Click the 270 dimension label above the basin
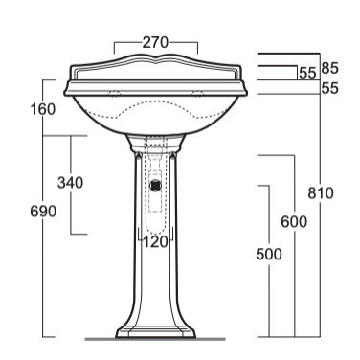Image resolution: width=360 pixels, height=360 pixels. pos(155,42)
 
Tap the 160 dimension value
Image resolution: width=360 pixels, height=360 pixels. pos(43,109)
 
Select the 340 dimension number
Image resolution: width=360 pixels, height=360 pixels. pos(70,183)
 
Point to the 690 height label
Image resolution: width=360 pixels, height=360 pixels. pos(43,212)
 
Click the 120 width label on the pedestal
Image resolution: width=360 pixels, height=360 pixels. pos(155,242)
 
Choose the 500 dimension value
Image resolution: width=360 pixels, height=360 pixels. pos(269,255)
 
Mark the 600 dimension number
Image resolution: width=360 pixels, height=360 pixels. pos(294,222)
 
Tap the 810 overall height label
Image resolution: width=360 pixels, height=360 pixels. pos(321,193)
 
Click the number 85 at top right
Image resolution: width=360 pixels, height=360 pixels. pos(330,68)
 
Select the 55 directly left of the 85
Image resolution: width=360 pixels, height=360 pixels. pos(307,74)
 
